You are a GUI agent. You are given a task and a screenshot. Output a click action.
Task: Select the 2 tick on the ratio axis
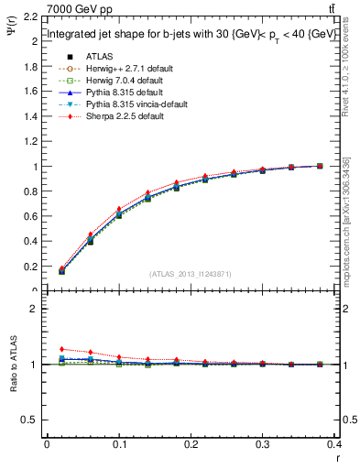[34, 309]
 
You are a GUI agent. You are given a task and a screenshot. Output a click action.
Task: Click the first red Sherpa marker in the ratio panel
[61, 349]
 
